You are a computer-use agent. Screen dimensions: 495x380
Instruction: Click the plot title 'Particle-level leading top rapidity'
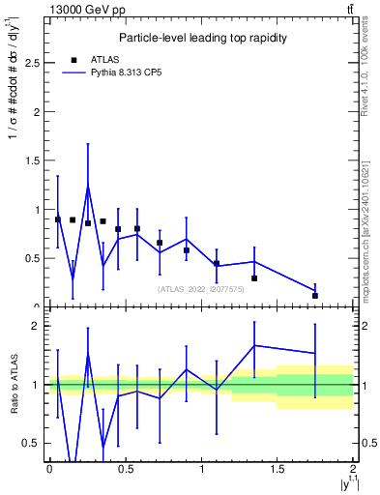(200, 38)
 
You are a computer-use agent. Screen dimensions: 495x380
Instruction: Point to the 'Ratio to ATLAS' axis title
(13, 386)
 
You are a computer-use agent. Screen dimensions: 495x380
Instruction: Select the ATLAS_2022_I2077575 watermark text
(199, 288)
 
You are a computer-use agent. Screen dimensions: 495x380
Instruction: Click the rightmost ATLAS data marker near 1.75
(315, 296)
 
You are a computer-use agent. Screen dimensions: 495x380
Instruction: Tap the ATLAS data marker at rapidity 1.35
(254, 278)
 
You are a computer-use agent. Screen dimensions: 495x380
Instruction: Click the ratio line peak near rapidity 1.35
(254, 345)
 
